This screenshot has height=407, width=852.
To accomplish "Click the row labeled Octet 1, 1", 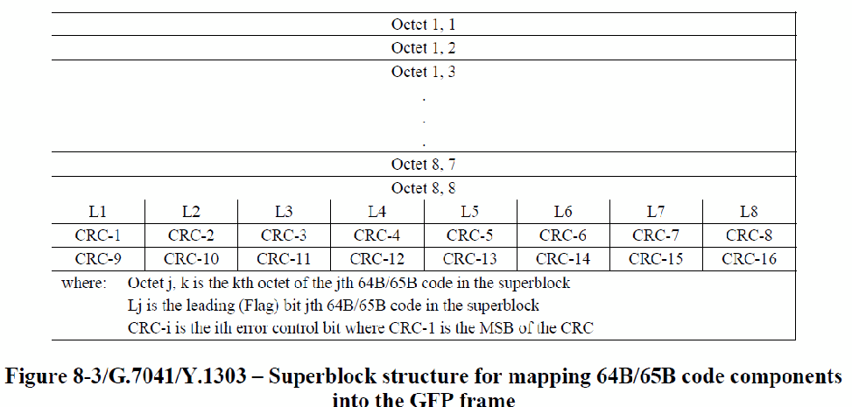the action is [x=423, y=25].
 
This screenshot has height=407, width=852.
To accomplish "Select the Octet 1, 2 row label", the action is [x=423, y=48].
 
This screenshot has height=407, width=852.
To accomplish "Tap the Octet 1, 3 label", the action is [x=423, y=72].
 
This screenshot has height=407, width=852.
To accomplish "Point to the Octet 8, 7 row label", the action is [x=423, y=164].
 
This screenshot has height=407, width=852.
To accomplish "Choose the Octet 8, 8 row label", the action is [x=423, y=188].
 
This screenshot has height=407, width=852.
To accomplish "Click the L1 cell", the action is [x=98, y=212].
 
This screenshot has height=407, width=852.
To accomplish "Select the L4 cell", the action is [x=377, y=212].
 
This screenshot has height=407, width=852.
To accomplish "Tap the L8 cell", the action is [x=749, y=212].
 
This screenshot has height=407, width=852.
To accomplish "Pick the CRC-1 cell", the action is [x=98, y=235].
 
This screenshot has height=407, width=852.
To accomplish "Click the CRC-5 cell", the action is [x=470, y=235].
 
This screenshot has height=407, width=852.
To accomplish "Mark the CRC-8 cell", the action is [x=749, y=235].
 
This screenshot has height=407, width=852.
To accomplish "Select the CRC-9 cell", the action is [x=98, y=259].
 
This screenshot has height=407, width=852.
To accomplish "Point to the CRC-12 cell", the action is [x=377, y=259].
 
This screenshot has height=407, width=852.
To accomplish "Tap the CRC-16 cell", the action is [x=749, y=259].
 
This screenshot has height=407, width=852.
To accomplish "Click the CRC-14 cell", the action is [x=563, y=259].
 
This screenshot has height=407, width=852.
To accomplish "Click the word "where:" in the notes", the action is [x=84, y=283].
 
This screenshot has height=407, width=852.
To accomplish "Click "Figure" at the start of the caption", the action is [x=36, y=376].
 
